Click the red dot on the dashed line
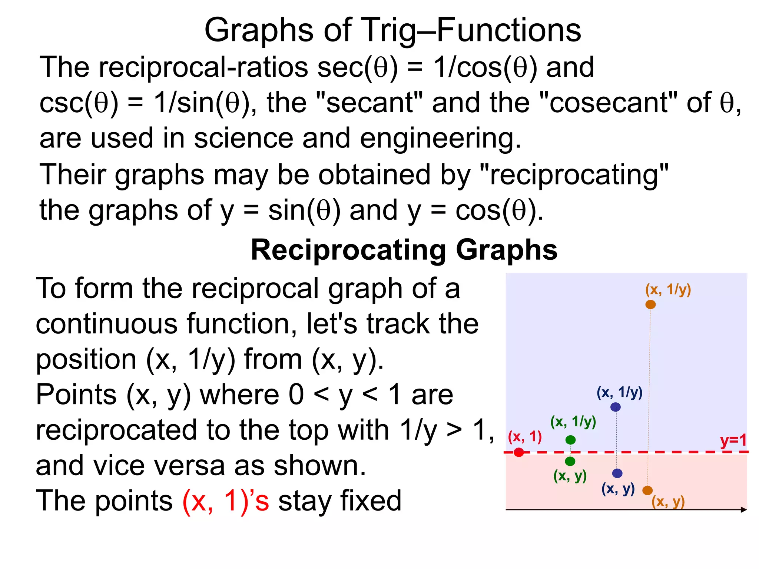(519, 452)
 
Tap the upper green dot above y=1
(570, 440)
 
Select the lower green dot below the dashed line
(570, 461)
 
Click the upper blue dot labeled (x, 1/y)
(615, 407)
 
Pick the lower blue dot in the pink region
(617, 473)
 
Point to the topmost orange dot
(650, 305)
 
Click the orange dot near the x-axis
(647, 490)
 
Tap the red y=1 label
(733, 441)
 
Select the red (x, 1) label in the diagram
(525, 437)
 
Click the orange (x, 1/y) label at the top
(668, 289)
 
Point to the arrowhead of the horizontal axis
(744, 510)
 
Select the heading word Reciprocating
(348, 250)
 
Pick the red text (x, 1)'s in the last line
(226, 500)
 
